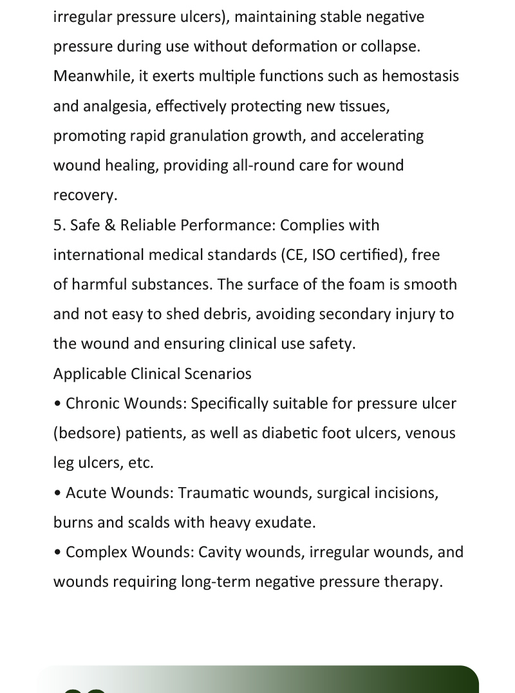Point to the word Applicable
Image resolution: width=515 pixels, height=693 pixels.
pyautogui.click(x=89, y=374)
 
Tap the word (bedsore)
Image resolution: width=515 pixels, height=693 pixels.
pyautogui.click(x=88, y=433)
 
